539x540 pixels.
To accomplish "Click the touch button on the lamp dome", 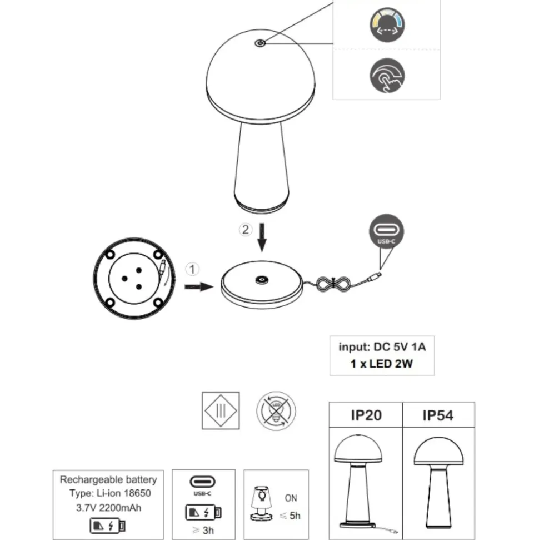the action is (x=260, y=43).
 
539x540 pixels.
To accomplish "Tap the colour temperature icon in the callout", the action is (x=387, y=25).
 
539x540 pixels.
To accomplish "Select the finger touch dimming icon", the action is (x=387, y=76).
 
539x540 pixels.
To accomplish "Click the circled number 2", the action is (x=246, y=229).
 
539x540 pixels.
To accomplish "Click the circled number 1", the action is (x=192, y=269).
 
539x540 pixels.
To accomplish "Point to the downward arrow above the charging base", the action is (x=262, y=237).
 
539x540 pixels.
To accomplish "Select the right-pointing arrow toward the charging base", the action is (x=199, y=286).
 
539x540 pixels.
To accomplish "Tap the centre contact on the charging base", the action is (x=262, y=280).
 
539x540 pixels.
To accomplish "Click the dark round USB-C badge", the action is (x=386, y=231).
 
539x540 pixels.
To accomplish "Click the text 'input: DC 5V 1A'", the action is (x=382, y=347).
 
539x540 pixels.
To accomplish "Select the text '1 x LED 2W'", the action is (x=381, y=364).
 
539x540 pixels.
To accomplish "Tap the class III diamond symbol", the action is (x=221, y=410).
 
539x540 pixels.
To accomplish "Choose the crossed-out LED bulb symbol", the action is (x=276, y=410).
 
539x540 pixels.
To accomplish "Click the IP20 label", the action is (x=366, y=415).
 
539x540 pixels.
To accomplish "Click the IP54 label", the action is (x=438, y=415).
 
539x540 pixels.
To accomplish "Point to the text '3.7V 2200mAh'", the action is (x=109, y=508).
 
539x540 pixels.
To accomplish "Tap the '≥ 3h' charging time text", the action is (x=203, y=531).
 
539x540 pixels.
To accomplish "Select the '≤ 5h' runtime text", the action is (x=290, y=516).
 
